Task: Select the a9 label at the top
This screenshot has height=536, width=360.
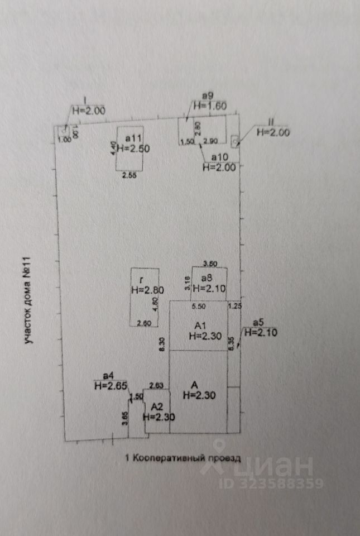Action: click(x=200, y=96)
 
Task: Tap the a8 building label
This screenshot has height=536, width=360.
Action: click(x=207, y=279)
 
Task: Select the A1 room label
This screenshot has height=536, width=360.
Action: click(x=200, y=326)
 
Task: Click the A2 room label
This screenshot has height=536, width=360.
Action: click(x=156, y=406)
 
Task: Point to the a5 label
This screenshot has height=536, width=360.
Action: click(x=258, y=323)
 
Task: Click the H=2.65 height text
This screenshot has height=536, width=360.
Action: click(x=108, y=385)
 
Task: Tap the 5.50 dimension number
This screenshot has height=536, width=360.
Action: click(x=199, y=307)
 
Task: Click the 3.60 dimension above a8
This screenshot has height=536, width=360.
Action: click(x=209, y=263)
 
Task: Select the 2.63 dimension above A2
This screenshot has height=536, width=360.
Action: click(x=157, y=385)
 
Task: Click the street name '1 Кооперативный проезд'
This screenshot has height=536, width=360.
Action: click(x=183, y=458)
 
